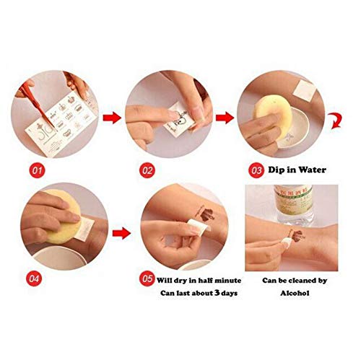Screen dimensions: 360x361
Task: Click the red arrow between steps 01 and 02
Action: tap(109, 115)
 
